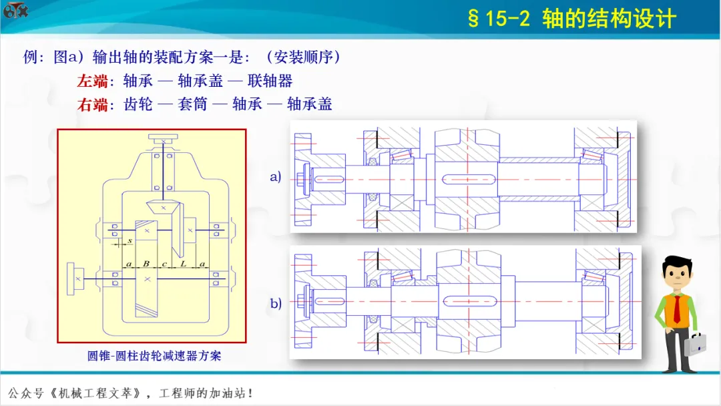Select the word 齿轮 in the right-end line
tap(138, 104)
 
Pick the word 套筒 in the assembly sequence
tap(193, 104)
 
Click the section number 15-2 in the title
tap(507, 19)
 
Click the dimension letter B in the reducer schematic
tap(146, 264)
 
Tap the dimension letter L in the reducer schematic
tap(184, 264)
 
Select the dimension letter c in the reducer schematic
tap(164, 264)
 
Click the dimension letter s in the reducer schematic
tap(130, 240)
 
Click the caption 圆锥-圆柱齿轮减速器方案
tap(154, 356)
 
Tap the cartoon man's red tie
tap(677, 309)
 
